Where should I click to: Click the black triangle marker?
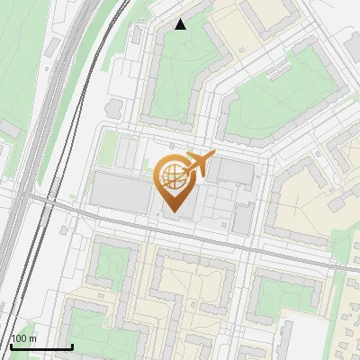181,24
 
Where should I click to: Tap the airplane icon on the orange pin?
201,162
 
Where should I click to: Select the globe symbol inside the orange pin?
172,175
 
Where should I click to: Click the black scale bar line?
40,347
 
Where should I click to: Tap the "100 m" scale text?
24,338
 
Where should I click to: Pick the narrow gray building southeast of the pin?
243,219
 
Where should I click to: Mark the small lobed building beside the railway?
114,108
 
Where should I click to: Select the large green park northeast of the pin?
270,99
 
